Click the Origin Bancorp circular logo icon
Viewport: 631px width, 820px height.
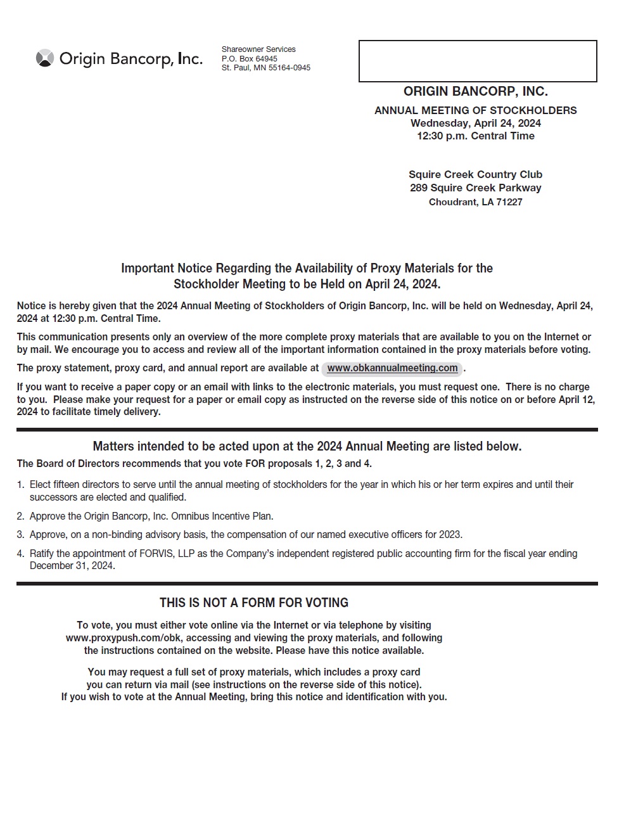click(44, 58)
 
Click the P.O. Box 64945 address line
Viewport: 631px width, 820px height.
click(249, 59)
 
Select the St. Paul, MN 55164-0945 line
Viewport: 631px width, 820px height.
click(265, 68)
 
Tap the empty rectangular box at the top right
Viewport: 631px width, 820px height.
click(478, 61)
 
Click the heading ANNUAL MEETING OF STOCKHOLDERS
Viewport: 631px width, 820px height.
click(475, 110)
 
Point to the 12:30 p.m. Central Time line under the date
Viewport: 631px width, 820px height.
click(475, 136)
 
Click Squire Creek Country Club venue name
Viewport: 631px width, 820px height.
click(475, 174)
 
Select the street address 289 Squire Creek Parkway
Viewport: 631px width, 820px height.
click(475, 188)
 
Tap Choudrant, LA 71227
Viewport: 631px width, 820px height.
click(475, 202)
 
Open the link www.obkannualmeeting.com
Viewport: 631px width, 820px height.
click(392, 368)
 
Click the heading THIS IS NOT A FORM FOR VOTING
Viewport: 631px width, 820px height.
click(253, 603)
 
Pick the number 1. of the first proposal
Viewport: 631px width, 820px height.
click(20, 485)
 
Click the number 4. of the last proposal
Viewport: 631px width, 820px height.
click(20, 554)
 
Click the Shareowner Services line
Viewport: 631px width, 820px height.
click(258, 49)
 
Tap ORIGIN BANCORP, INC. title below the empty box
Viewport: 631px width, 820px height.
click(475, 91)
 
